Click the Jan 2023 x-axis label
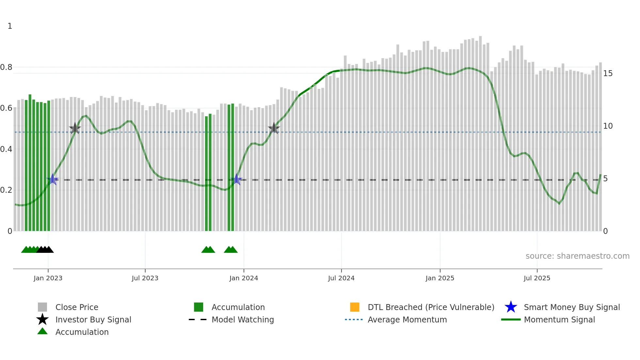[x=48, y=278]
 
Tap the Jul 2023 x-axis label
[x=145, y=278]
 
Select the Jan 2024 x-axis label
[x=244, y=278]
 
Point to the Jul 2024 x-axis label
[x=341, y=278]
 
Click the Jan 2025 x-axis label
[x=440, y=278]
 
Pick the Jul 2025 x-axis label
[x=537, y=278]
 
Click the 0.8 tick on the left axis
[x=6, y=67]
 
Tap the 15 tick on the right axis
[x=608, y=74]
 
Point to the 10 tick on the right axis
[x=608, y=126]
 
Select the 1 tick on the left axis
[x=10, y=26]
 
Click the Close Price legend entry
[x=77, y=307]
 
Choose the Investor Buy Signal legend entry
[x=93, y=320]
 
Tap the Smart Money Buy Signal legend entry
[x=571, y=307]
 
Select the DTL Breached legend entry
[x=431, y=307]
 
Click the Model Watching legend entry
[x=243, y=320]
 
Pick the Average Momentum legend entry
[x=407, y=320]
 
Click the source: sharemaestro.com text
[x=577, y=256]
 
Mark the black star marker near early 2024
[x=274, y=128]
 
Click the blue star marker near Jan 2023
[x=53, y=180]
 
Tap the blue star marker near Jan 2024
[x=236, y=180]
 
